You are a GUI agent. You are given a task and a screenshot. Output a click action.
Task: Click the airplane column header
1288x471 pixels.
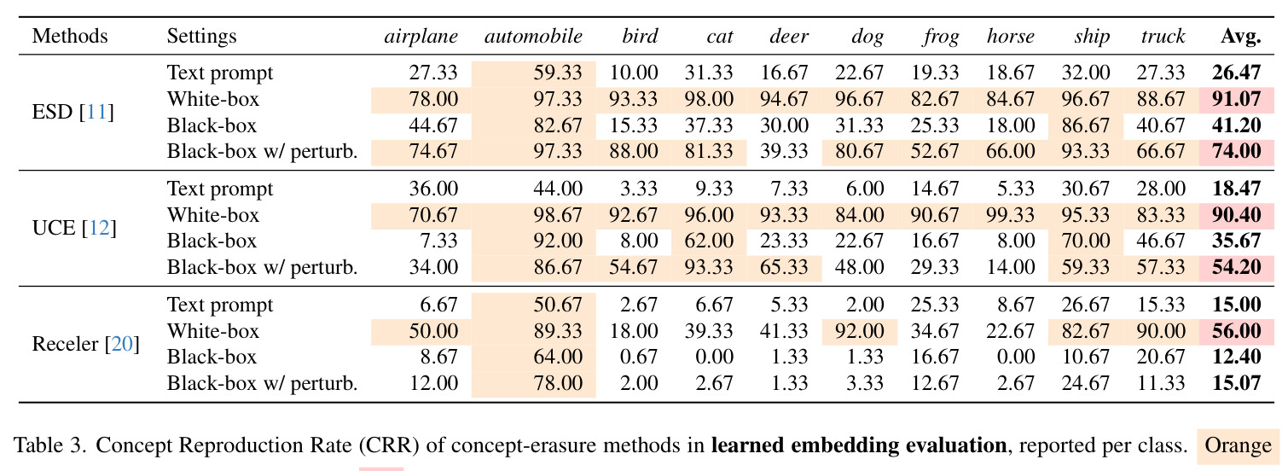coord(421,36)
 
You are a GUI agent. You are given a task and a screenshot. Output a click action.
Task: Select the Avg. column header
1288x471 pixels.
coord(1241,36)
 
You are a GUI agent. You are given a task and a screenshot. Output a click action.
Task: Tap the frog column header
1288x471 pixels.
coord(941,37)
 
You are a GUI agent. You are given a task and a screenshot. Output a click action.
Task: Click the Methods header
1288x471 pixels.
coord(70,36)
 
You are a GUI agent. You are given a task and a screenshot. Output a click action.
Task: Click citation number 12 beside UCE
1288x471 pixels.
coord(99,228)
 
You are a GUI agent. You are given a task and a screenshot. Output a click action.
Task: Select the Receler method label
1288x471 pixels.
coord(65,344)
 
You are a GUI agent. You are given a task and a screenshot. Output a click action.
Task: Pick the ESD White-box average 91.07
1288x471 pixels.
coord(1236,99)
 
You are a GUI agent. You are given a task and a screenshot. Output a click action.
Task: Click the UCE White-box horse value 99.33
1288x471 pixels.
coord(1010,215)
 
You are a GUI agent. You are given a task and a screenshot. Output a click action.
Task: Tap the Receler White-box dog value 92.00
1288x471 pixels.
coord(859,331)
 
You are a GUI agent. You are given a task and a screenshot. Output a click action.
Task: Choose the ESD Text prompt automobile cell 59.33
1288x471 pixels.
coord(558,73)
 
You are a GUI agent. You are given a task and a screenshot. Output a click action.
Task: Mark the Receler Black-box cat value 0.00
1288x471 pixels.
coord(714,358)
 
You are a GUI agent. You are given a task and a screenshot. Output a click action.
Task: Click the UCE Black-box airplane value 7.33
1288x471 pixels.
coord(438,241)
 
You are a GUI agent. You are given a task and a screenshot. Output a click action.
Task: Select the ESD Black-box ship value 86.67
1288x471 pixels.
coord(1086,125)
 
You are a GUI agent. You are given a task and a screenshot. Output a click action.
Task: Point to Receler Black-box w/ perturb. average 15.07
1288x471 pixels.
coord(1236,384)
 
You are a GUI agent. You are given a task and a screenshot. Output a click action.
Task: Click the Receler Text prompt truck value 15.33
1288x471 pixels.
coord(1161,305)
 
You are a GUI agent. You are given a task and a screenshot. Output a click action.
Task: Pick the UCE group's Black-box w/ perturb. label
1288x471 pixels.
coord(262,267)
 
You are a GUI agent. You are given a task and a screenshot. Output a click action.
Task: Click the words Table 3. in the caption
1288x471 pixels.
coord(49,445)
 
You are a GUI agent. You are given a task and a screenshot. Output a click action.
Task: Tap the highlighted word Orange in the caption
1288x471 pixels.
coord(1238,445)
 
